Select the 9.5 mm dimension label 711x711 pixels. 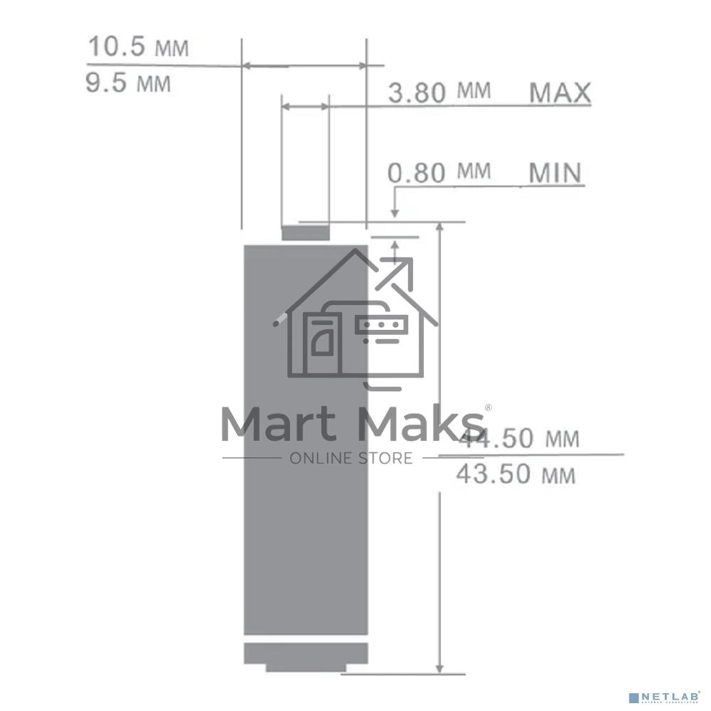coord(129,83)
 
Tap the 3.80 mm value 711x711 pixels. coord(439,92)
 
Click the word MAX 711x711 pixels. coord(560,92)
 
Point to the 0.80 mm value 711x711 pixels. coord(439,172)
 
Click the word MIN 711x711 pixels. coord(555,173)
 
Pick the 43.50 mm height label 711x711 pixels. coord(515,474)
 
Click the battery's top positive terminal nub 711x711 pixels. coord(306,232)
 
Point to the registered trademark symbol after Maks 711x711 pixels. coord(487,407)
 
